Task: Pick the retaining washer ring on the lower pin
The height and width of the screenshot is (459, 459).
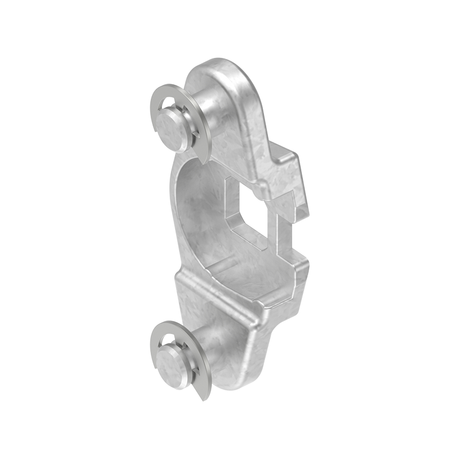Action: (x=158, y=339)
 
